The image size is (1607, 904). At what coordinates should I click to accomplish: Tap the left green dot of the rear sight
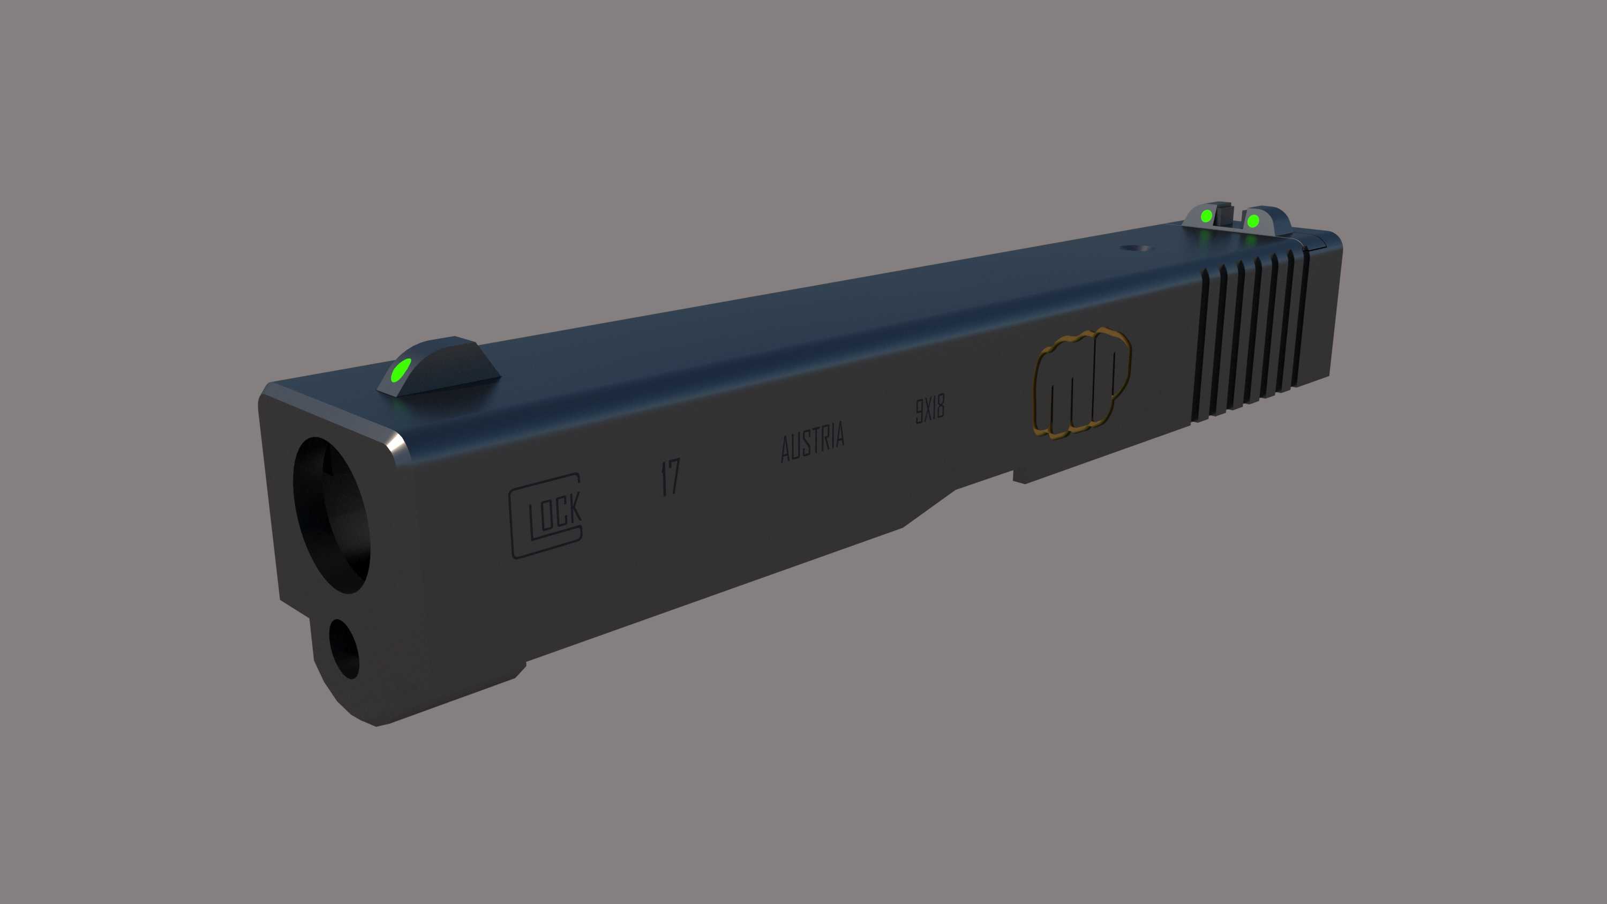(1206, 216)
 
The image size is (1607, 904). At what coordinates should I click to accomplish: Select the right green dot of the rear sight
(1253, 221)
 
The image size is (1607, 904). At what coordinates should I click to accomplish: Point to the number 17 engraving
(670, 477)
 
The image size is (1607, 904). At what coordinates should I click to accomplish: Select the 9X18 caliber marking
(929, 410)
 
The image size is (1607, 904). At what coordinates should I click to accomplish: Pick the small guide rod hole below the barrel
(344, 649)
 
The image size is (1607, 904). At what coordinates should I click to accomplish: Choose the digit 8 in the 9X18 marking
(940, 407)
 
